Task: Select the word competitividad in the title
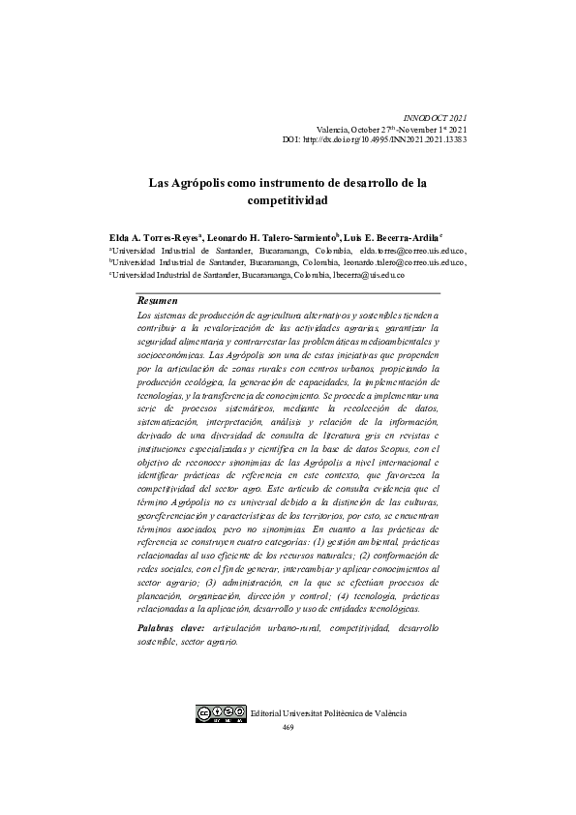pyautogui.click(x=288, y=200)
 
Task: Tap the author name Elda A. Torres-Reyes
pyautogui.click(x=154, y=236)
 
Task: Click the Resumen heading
pyautogui.click(x=158, y=302)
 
